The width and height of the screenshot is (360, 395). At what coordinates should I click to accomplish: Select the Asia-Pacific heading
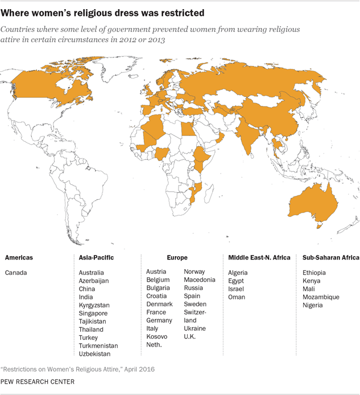pos(96,258)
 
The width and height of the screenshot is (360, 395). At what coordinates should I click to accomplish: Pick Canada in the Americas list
pos(15,272)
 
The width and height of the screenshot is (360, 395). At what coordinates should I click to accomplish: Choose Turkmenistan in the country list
pos(98,345)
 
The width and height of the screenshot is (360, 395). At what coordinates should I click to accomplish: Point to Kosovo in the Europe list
pos(157,337)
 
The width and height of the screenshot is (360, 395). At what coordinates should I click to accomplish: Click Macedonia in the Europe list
pos(200,280)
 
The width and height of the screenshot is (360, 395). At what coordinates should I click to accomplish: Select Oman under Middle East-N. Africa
pos(237,297)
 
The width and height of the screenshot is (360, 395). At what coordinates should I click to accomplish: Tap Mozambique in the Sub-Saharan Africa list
pos(321,297)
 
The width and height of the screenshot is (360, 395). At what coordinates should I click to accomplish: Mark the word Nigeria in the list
pos(312,305)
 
